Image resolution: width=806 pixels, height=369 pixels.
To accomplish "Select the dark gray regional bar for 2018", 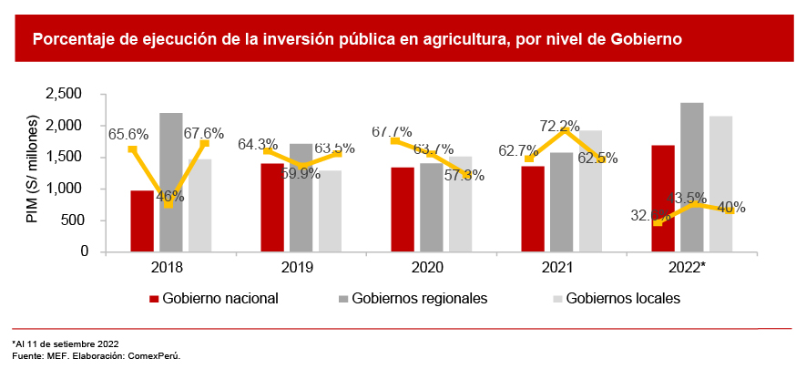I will point(171,182).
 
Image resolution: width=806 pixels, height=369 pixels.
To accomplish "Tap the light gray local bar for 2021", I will point(590,191).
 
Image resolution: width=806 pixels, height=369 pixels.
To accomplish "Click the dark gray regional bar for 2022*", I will point(692,177).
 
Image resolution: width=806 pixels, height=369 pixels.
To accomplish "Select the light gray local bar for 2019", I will point(330,211).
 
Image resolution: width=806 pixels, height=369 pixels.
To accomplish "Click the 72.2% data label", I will point(560,126).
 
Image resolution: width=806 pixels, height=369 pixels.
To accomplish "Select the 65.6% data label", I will point(128,134).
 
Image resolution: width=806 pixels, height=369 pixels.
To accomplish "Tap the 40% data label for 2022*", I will point(730,208).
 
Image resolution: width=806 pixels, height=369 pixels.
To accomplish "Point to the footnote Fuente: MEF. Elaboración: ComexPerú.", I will point(96,355).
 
